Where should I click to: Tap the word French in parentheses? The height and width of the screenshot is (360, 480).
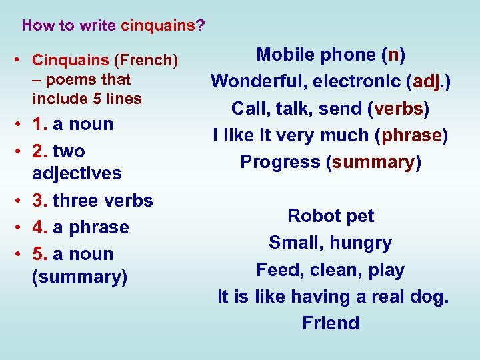point(146,61)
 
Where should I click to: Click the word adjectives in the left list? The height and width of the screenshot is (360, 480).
point(77,173)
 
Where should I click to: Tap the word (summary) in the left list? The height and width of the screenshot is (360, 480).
point(79,277)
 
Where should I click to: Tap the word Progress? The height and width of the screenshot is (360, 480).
point(280,162)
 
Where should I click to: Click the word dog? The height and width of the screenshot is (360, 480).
point(426,297)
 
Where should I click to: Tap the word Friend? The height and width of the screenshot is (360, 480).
point(331,323)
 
